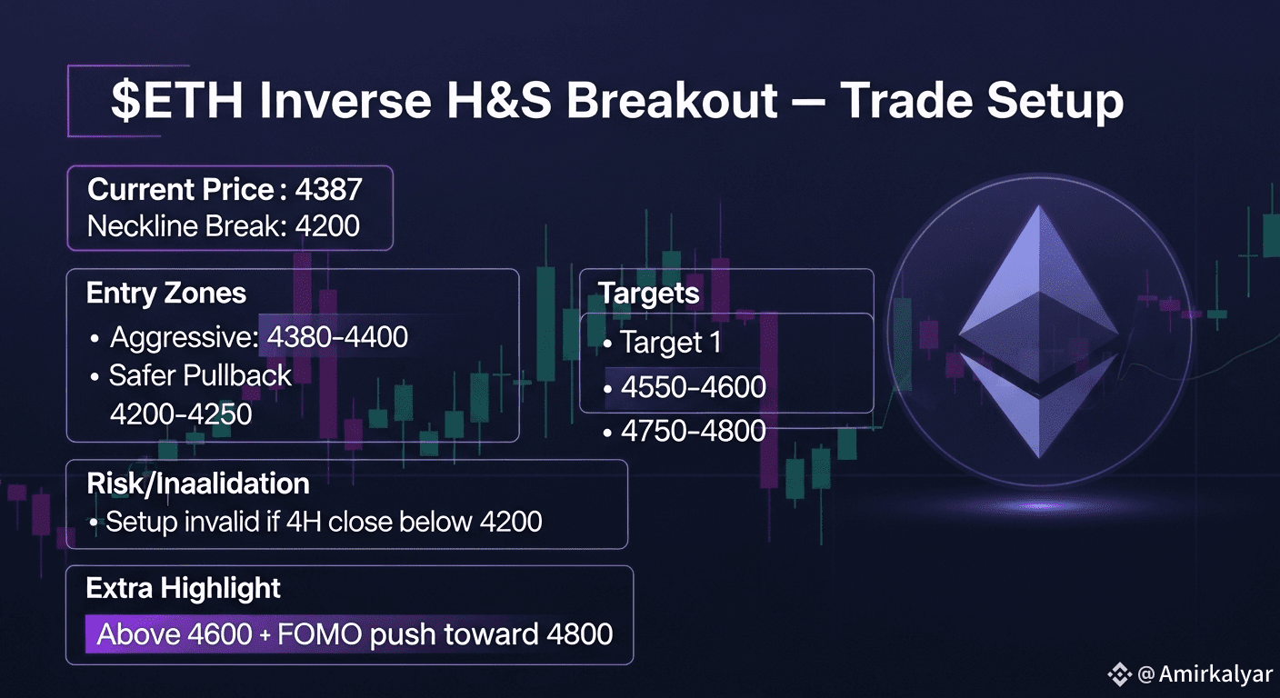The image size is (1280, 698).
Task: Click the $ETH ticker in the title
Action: tap(176, 101)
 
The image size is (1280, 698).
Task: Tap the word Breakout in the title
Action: tap(672, 100)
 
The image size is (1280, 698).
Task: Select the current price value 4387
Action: tap(328, 189)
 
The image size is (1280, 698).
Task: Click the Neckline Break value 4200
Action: tap(327, 225)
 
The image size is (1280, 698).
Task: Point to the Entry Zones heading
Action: tap(166, 293)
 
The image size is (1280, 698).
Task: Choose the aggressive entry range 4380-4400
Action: tap(337, 336)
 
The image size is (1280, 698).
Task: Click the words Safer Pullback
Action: tap(201, 375)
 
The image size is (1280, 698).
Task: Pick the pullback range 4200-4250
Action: tap(181, 414)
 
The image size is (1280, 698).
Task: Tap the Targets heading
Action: tap(648, 293)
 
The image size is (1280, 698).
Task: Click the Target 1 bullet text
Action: tap(670, 342)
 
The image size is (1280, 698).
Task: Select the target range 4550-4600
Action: tap(693, 386)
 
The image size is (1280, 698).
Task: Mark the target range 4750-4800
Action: tap(693, 431)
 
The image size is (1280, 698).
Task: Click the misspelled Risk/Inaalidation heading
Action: tap(198, 484)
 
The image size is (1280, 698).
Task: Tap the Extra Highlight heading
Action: tap(184, 588)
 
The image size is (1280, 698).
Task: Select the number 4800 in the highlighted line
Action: tap(580, 634)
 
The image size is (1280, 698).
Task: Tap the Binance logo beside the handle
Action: tap(1120, 674)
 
